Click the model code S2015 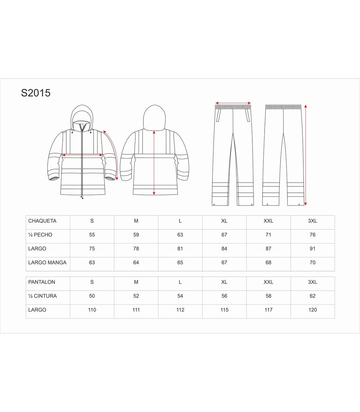point(36,93)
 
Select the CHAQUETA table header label point(42,221)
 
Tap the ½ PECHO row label point(40,235)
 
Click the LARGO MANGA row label point(47,262)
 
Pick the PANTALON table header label point(42,282)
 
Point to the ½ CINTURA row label point(42,296)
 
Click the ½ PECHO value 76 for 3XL point(313,235)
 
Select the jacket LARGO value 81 point(180,249)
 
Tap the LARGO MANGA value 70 point(313,262)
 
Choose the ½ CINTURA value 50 point(92,296)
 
